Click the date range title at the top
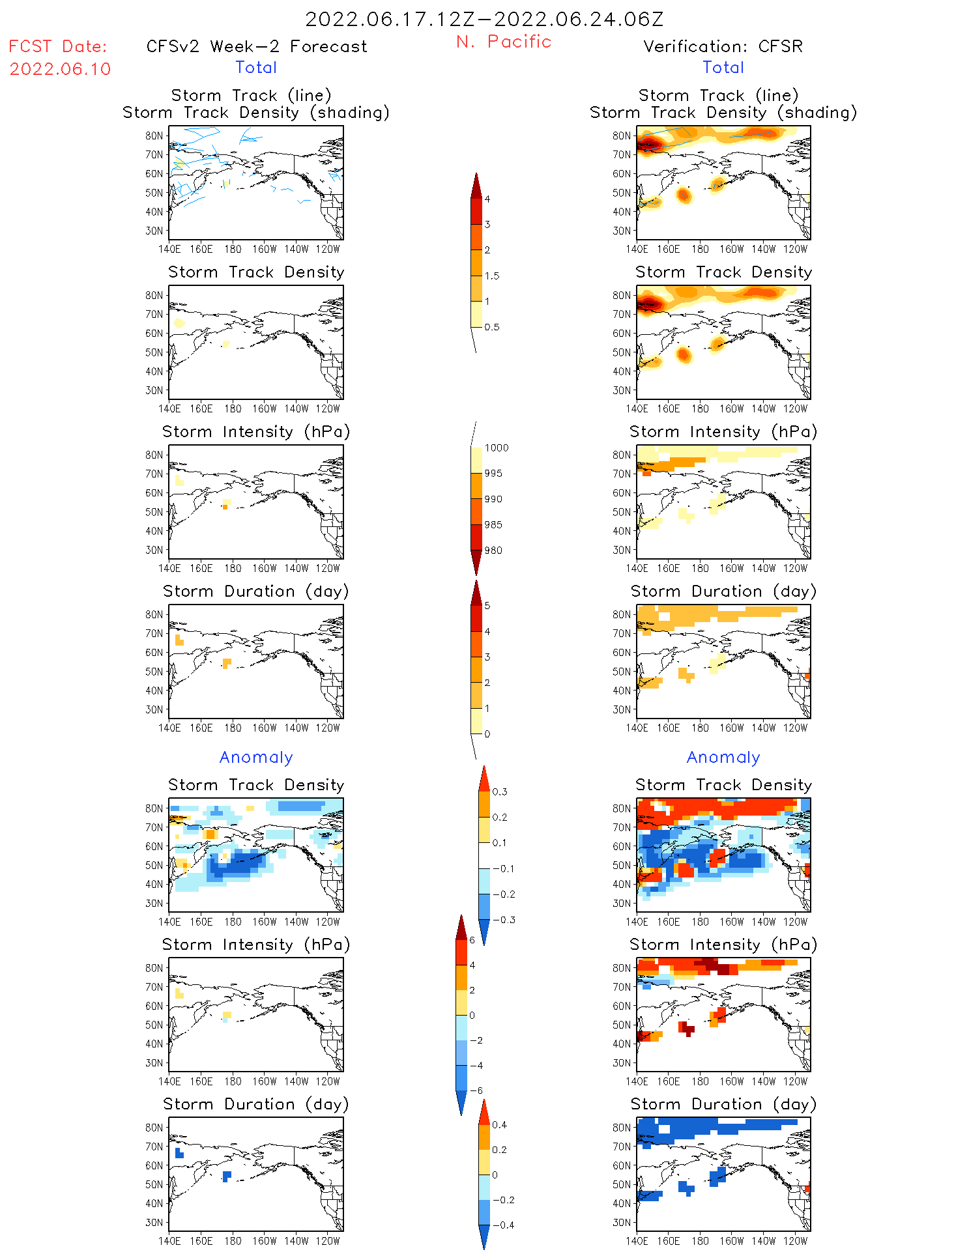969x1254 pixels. [484, 19]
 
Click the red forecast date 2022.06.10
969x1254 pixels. [60, 69]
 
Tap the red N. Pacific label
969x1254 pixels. [504, 42]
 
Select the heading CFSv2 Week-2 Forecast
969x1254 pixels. [257, 46]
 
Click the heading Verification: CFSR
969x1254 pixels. [723, 46]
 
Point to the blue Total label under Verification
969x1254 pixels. [723, 67]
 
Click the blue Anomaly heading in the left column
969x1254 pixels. [256, 757]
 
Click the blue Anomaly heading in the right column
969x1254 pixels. [723, 757]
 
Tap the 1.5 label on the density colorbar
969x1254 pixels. [492, 276]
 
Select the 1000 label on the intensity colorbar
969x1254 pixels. [496, 448]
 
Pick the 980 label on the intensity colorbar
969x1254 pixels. [493, 550]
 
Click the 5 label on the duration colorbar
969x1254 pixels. [487, 606]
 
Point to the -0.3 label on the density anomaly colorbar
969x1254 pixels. [504, 920]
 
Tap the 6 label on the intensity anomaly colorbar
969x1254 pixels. [472, 940]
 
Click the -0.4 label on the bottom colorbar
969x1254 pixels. [503, 1225]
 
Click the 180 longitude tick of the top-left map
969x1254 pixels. [233, 249]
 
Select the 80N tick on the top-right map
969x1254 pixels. [622, 135]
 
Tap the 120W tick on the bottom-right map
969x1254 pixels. [795, 1241]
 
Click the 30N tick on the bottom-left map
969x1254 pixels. [154, 1222]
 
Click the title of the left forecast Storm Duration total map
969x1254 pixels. [256, 591]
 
